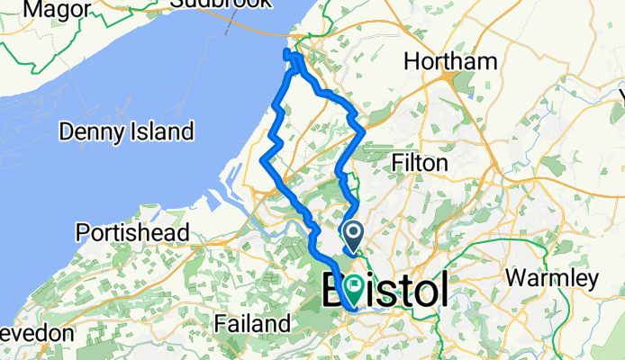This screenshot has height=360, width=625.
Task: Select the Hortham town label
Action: [450, 61]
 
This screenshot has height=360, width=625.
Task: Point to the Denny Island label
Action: [126, 131]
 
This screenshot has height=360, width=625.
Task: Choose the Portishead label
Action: [131, 231]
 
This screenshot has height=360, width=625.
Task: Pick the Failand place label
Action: [252, 322]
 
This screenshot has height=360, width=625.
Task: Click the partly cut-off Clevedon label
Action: [36, 332]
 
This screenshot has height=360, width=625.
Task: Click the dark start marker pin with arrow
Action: [353, 236]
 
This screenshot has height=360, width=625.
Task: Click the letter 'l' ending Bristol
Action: [442, 290]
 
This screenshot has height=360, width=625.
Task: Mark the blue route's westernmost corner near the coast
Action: [262, 160]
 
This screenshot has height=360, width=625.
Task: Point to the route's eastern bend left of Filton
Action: [363, 130]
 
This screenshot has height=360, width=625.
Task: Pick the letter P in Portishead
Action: [83, 231]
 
